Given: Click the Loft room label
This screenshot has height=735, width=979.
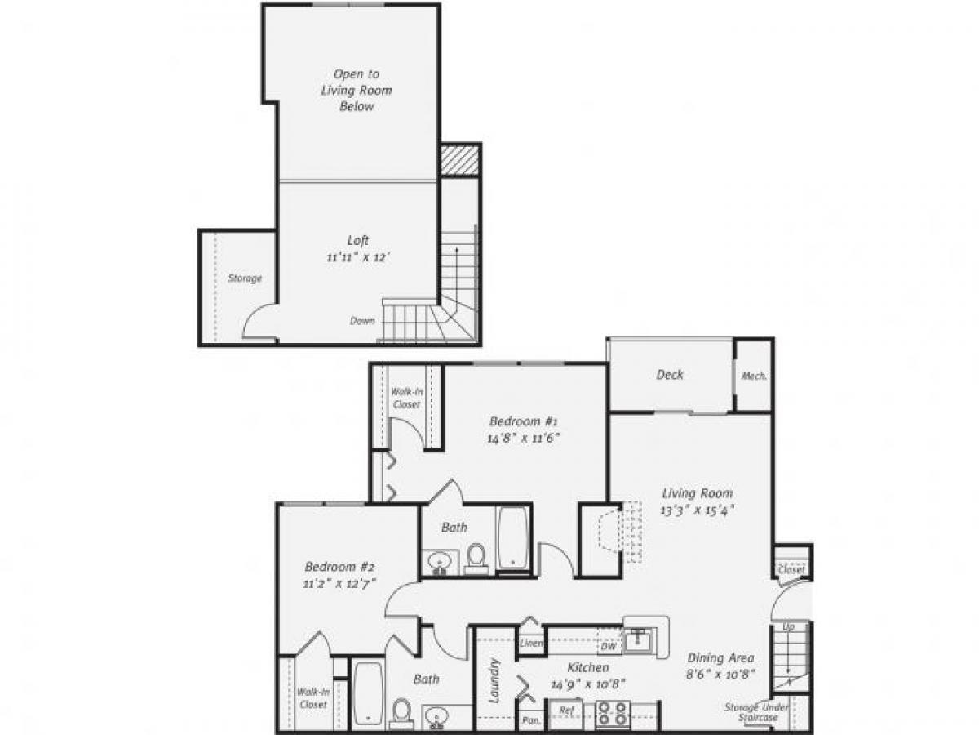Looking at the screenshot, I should click(x=358, y=240).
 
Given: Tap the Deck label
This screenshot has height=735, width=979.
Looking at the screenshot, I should click(x=670, y=375).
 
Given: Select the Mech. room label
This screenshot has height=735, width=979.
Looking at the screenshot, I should click(x=752, y=376).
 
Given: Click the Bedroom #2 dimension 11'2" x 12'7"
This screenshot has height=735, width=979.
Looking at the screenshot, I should click(x=340, y=583).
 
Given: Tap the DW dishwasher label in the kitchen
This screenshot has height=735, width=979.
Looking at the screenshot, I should click(x=609, y=646).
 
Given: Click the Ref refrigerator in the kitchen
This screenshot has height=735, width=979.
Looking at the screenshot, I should click(x=566, y=710).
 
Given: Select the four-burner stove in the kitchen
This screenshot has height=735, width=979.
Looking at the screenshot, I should click(x=611, y=714).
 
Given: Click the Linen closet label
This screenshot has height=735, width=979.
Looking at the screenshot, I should click(x=531, y=644).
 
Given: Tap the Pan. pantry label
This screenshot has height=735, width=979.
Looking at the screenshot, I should click(x=531, y=721).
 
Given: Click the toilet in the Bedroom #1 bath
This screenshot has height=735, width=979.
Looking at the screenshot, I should click(x=476, y=557).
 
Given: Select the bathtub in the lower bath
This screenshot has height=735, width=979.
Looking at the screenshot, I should click(x=368, y=693).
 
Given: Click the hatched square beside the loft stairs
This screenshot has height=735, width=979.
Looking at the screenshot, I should click(x=458, y=160).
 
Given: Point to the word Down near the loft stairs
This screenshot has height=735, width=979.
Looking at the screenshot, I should click(x=362, y=321).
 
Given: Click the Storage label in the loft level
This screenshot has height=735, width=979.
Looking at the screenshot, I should click(x=245, y=278).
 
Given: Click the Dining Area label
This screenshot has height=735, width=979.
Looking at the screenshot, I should click(x=720, y=657).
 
